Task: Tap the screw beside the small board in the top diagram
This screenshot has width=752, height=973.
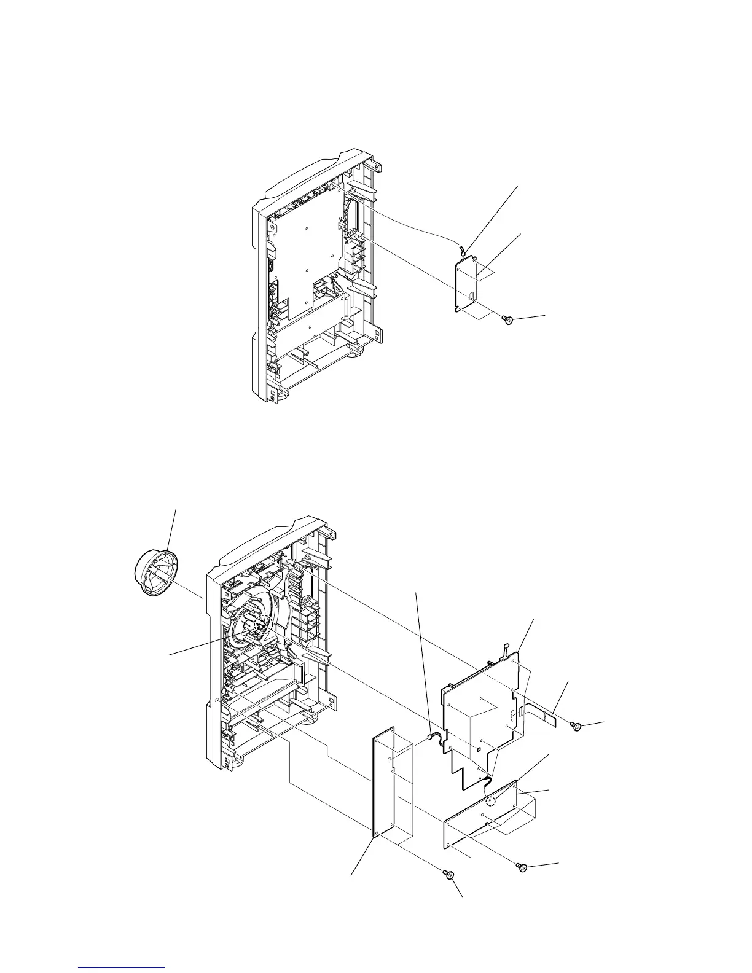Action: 508,319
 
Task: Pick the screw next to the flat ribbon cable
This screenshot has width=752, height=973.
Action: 577,727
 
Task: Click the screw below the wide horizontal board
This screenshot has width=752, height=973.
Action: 523,867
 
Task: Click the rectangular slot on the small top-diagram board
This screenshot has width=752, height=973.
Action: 471,297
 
